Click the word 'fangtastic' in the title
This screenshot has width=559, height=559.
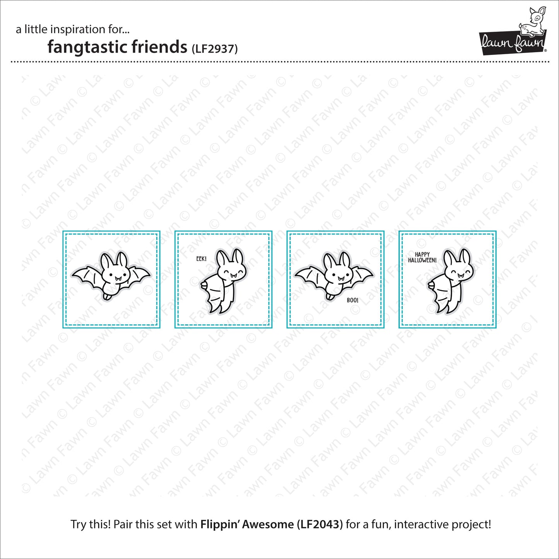[88, 47]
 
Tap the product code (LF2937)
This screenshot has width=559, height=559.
[215, 49]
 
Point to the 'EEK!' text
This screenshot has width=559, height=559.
[201, 258]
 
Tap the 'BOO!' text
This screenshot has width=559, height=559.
[352, 300]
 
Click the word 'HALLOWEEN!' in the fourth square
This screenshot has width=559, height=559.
[422, 260]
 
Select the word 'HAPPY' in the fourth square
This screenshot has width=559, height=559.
[422, 255]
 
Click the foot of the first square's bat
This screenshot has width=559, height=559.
[108, 296]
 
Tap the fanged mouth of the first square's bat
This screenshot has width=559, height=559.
[118, 279]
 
